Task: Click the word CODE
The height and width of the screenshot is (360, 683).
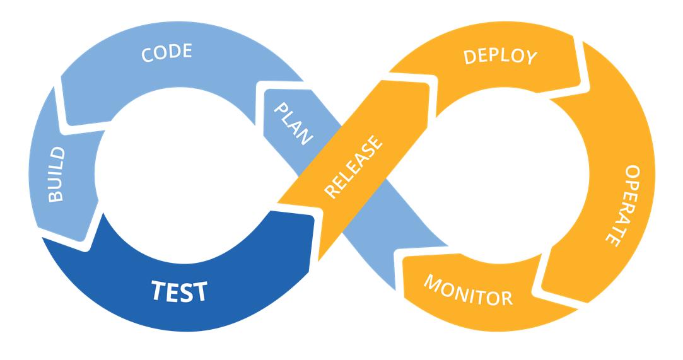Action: point(166,54)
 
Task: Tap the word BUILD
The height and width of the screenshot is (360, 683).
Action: point(57,175)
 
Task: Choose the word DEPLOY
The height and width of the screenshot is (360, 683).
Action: point(500,56)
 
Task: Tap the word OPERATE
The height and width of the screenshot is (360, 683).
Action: point(624,205)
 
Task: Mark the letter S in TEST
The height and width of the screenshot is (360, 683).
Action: point(186,292)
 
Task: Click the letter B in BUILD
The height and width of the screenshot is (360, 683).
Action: point(57,195)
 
